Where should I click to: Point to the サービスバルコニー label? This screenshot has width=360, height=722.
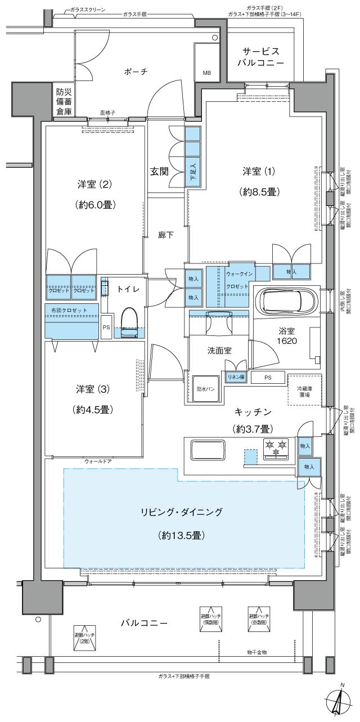pos(263,56)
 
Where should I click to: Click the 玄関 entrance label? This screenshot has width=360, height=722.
pos(159,172)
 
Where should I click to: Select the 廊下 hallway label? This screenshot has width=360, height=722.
pos(165,235)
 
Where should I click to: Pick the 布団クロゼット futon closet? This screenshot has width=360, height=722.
pos(72,320)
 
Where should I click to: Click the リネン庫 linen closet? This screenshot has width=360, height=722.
pos(235,377)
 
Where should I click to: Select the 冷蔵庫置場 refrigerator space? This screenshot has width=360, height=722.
pos(304,390)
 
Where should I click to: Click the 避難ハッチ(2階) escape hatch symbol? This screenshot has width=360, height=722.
pos(83,637)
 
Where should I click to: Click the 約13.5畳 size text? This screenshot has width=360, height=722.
pos(181,535)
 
